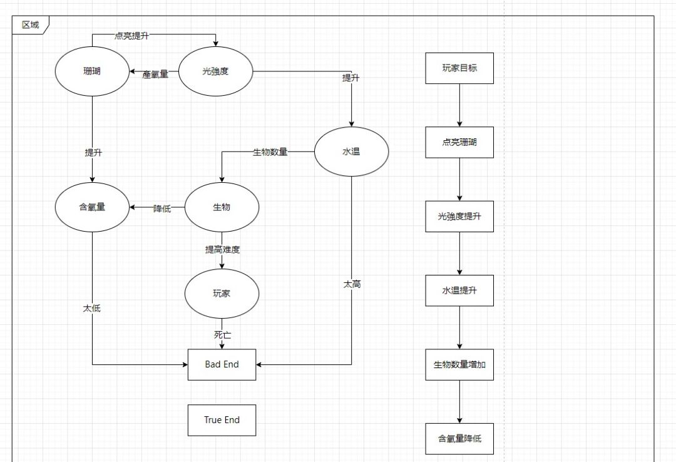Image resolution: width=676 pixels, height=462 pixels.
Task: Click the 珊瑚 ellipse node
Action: (92, 71)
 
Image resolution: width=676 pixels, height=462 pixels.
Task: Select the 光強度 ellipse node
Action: (215, 71)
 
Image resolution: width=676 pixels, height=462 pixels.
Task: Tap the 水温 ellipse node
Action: (351, 151)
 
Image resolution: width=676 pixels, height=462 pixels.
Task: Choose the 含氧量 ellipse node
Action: (92, 207)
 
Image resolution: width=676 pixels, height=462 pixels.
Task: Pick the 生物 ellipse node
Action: (222, 207)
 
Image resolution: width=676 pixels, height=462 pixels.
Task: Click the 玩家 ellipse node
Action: (222, 293)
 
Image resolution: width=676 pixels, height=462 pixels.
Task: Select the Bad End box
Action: (222, 364)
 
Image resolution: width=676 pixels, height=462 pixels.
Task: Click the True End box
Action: (222, 420)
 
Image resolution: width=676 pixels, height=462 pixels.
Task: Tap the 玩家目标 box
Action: (459, 68)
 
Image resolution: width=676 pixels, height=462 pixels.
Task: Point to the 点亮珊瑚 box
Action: (459, 142)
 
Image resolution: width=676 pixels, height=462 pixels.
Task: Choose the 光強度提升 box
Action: (459, 217)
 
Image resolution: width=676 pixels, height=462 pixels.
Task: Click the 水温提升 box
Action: (459, 290)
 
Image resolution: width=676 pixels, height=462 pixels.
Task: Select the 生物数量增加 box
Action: (459, 365)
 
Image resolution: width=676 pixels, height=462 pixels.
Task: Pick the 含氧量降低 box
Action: (459, 439)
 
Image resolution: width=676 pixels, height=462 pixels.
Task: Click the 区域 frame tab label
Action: (30, 25)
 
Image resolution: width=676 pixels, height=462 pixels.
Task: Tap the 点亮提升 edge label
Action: (131, 36)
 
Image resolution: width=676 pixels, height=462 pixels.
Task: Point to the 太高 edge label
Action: (352, 284)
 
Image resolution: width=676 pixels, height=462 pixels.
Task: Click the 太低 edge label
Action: (92, 309)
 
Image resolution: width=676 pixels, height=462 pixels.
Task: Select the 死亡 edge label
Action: (222, 335)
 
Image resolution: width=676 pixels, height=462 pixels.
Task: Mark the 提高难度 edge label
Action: (222, 250)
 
